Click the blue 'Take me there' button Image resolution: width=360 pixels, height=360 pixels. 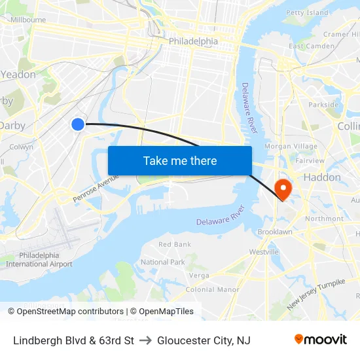pos(180,160)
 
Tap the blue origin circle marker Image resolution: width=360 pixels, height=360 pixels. pos(78,124)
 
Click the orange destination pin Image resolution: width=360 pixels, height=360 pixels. pos(283,189)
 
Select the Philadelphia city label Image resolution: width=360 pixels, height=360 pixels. pos(193,41)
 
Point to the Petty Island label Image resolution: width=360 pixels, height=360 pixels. pos(307,12)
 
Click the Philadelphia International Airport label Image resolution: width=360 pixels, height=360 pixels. pos(39,259)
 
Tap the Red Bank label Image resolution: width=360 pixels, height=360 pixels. pos(175,244)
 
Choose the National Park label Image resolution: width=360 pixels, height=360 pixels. pos(163,262)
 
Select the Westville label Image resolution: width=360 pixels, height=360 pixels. pos(264,251)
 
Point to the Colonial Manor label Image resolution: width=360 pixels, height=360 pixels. pos(213,289)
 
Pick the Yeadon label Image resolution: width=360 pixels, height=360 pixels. pos(18,75)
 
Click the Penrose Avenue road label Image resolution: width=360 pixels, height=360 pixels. pos(96,187)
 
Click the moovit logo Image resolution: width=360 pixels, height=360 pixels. pos(321,339)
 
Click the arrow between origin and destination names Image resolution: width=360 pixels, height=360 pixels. pos(145,340)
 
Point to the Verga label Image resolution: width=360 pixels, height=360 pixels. pos(199,276)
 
